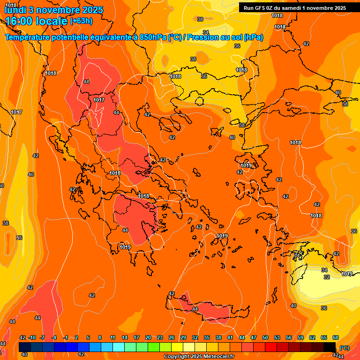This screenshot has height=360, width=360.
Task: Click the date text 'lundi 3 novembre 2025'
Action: (47, 10)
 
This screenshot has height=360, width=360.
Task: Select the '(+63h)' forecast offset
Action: (81, 21)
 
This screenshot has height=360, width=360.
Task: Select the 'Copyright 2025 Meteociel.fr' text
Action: (199, 357)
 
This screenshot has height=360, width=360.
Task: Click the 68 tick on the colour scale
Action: (336, 337)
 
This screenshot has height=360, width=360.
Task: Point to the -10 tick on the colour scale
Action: (32, 337)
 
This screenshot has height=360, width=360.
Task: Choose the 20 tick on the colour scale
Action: (148, 337)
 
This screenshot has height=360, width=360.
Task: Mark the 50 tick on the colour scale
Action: (265, 337)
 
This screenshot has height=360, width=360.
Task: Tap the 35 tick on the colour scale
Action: (207, 337)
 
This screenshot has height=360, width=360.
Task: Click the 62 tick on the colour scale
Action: (312, 337)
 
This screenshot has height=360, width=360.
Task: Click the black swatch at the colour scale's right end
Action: (330, 347)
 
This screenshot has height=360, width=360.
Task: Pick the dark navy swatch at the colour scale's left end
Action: (25, 347)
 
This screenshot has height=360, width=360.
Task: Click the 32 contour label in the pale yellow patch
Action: (327, 277)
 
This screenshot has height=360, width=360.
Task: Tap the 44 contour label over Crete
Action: (195, 309)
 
